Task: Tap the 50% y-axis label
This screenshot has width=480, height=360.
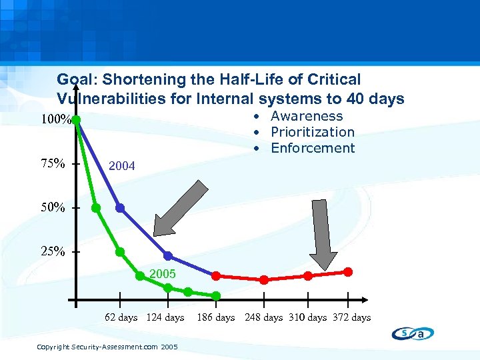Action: pos(53,208)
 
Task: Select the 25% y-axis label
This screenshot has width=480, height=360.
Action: pos(53,252)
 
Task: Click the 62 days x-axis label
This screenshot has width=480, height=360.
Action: pos(121,317)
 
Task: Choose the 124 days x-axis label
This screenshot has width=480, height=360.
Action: pos(165,317)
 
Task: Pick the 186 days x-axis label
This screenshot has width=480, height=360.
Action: pos(215,317)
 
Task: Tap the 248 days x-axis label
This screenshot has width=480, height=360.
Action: pos(264,317)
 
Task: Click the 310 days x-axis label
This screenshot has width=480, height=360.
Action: pos(307,317)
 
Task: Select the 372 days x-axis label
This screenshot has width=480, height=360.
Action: pos(351,317)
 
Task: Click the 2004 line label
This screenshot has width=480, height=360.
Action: pos(121,165)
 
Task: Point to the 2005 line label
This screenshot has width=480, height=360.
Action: pos(162,274)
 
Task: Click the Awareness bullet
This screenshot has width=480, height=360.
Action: pos(306,116)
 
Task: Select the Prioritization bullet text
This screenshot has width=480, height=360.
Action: pos(312,132)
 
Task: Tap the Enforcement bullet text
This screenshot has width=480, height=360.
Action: pos(313,148)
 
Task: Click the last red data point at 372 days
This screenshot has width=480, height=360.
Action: pos(348,272)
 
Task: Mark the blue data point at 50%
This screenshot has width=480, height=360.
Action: pos(120,207)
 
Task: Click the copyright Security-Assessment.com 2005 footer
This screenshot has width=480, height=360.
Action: pos(107,347)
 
